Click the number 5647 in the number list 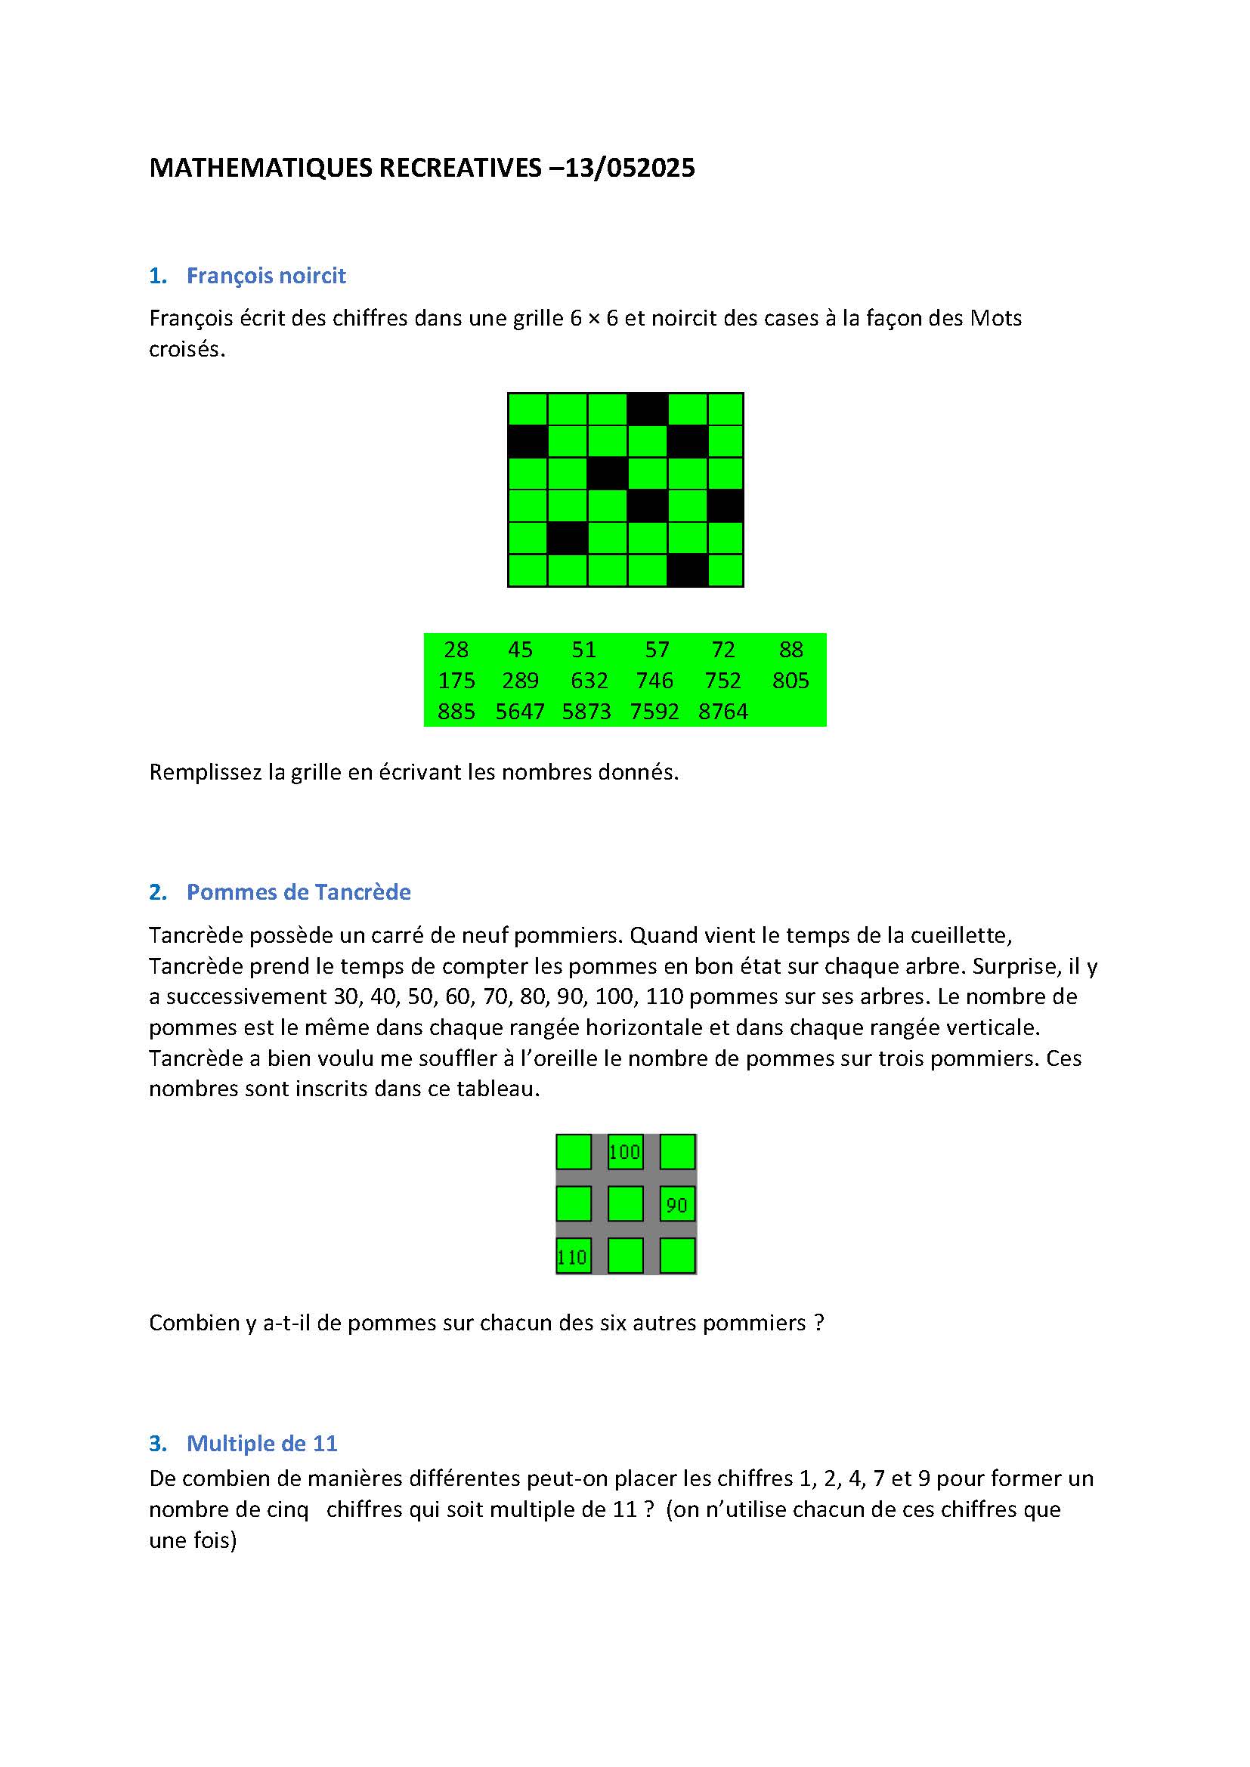519,711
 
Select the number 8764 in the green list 722,711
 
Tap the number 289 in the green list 520,681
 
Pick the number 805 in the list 791,681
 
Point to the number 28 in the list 456,650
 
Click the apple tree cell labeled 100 625,1152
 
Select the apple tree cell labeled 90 677,1204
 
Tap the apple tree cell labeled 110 574,1257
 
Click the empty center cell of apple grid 625,1204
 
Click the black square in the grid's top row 648,409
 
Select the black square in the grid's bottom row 687,570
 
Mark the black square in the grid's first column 528,442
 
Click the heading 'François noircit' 265,276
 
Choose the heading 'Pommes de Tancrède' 298,892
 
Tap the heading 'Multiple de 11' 261,1443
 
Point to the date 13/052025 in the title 630,168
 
